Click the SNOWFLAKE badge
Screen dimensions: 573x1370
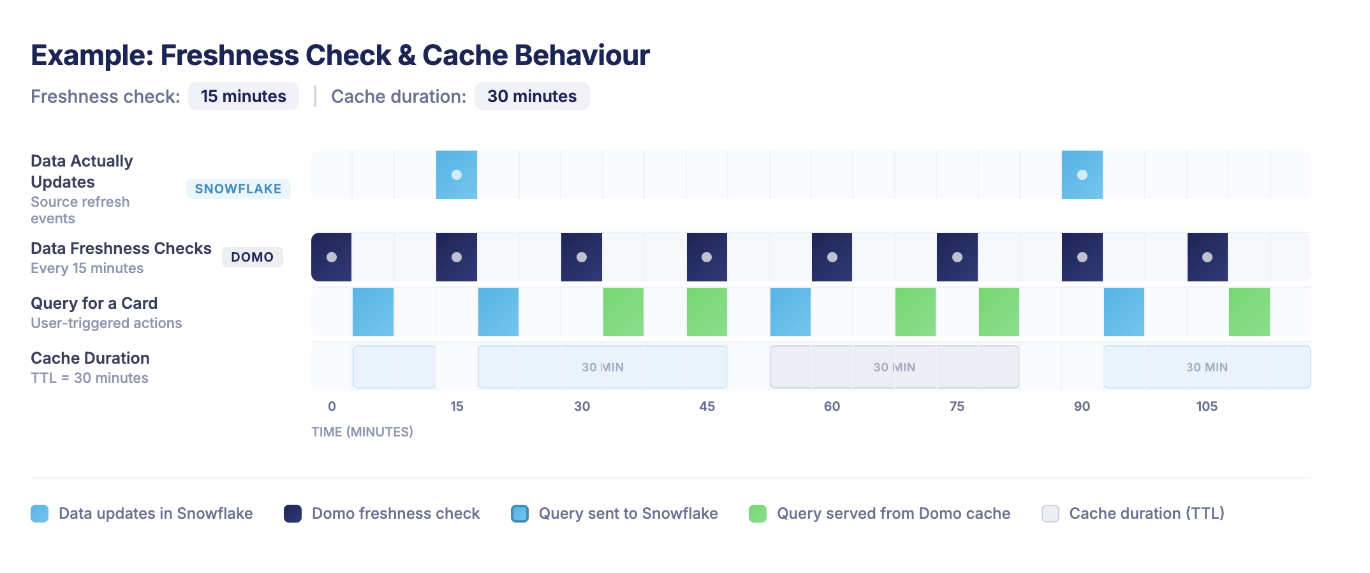(x=238, y=189)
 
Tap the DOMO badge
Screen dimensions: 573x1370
(x=252, y=257)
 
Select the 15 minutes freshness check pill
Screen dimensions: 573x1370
(x=243, y=96)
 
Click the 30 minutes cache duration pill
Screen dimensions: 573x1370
(x=531, y=96)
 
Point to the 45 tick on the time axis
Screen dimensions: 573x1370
(x=707, y=406)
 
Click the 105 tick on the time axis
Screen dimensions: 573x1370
(x=1207, y=406)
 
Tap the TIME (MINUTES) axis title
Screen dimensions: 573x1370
(x=362, y=432)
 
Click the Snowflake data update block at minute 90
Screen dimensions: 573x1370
(x=1082, y=175)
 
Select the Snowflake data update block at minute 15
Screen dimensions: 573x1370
(x=456, y=175)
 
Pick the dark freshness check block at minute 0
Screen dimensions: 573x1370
(x=331, y=257)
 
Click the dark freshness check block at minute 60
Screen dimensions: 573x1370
(x=832, y=257)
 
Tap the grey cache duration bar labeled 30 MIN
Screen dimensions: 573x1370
(x=894, y=367)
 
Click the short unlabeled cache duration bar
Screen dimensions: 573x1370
(x=394, y=367)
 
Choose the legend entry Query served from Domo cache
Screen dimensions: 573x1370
(x=893, y=514)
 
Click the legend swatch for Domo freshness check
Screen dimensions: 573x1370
(x=293, y=514)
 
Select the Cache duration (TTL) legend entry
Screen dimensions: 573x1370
(x=1146, y=514)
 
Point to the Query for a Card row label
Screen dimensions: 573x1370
(x=94, y=303)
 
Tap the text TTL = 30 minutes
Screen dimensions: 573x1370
(x=89, y=378)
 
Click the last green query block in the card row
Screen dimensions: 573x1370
(x=1249, y=312)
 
